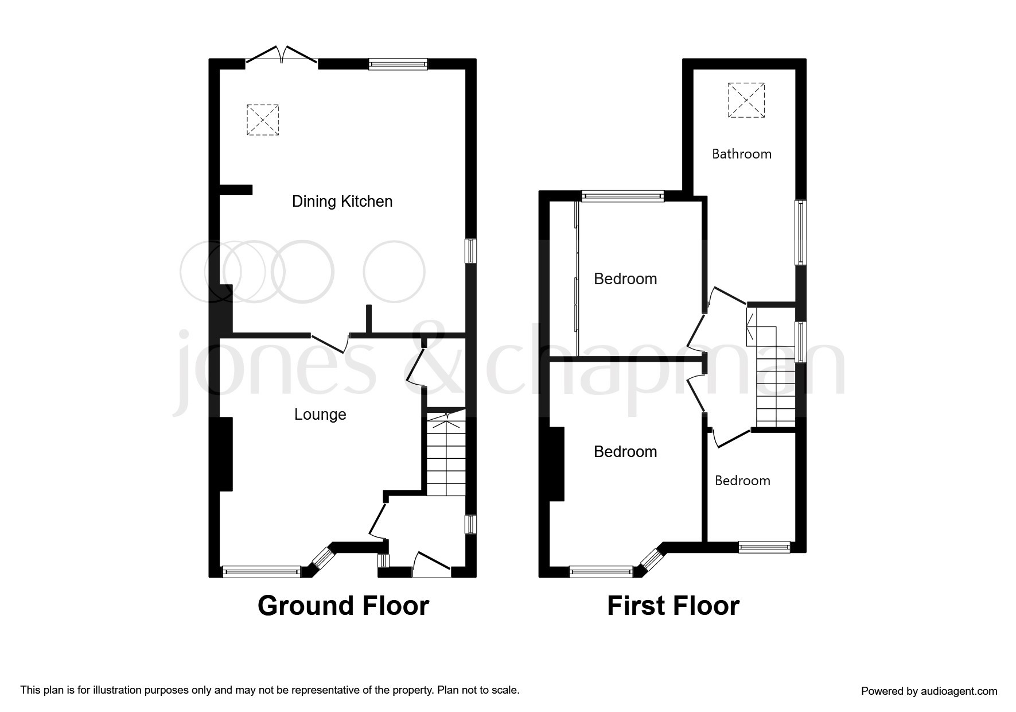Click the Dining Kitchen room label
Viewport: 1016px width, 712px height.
point(342,202)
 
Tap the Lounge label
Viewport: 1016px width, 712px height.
point(320,415)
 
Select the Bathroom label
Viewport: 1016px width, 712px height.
point(741,154)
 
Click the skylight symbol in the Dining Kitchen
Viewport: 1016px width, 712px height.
point(263,120)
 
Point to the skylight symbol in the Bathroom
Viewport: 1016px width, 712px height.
point(746,100)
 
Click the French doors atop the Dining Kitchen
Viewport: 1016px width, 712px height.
point(281,55)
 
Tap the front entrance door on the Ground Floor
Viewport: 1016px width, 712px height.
point(431,565)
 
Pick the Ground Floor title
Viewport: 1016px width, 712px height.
point(343,606)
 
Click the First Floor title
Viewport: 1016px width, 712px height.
point(673,606)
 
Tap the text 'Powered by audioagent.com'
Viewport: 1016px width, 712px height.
point(929,691)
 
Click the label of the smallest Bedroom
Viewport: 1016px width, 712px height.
point(742,481)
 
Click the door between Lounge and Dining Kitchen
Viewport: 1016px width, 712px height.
point(329,343)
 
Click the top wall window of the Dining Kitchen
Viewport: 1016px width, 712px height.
point(398,64)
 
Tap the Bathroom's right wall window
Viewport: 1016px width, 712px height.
point(800,233)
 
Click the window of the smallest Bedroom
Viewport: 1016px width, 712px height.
point(764,547)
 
